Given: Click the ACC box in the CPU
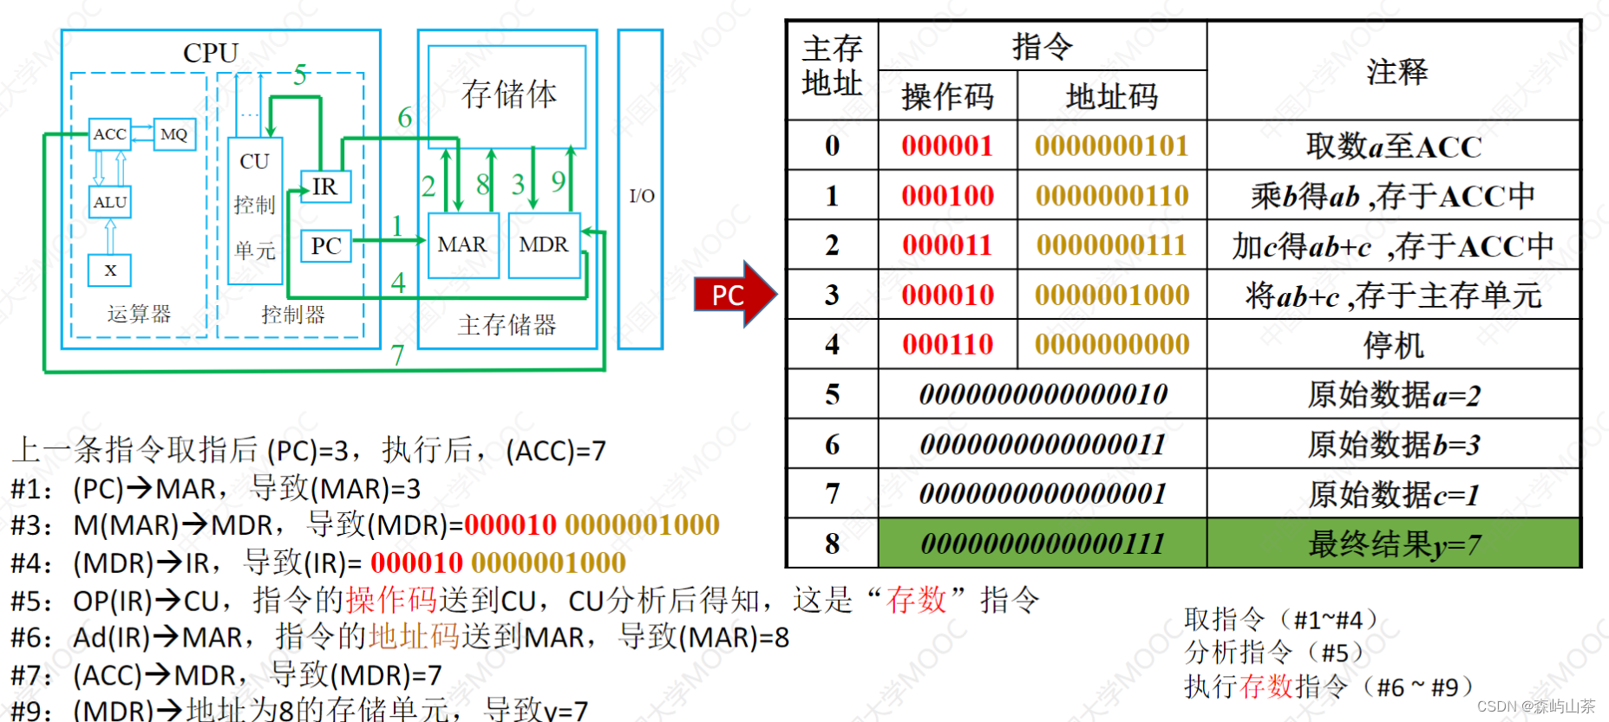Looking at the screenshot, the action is pyautogui.click(x=110, y=134).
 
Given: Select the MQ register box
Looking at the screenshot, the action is pyautogui.click(x=174, y=134).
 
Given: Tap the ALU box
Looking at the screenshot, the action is pyautogui.click(x=110, y=202).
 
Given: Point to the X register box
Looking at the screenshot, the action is pyautogui.click(x=110, y=270).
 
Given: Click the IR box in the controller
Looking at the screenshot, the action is pyautogui.click(x=325, y=186).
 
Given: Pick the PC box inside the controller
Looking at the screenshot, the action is pyautogui.click(x=326, y=246).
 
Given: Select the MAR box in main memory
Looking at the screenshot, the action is pyautogui.click(x=462, y=245).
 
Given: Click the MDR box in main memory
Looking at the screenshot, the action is pyautogui.click(x=544, y=245).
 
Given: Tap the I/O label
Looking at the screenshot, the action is pyautogui.click(x=642, y=196).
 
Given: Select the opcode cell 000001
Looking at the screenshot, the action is pyautogui.click(x=947, y=146).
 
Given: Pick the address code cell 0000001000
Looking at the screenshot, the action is pyautogui.click(x=1112, y=295).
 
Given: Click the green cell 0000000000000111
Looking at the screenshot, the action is pyautogui.click(x=1043, y=543).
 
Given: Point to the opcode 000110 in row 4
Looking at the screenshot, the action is pyautogui.click(x=947, y=345).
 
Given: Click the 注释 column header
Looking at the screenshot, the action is pyautogui.click(x=1396, y=71).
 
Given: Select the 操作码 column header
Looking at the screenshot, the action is pyautogui.click(x=947, y=96).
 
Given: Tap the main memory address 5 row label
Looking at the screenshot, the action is pyautogui.click(x=832, y=395).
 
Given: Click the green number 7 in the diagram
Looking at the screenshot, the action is pyautogui.click(x=397, y=355).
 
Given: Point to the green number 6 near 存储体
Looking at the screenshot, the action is pyautogui.click(x=404, y=117).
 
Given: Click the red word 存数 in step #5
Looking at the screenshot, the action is pyautogui.click(x=916, y=599).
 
